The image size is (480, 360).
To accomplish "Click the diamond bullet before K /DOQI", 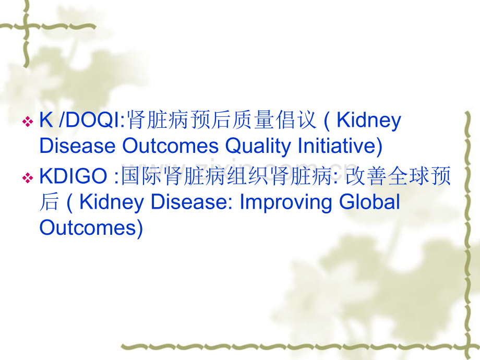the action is click(28, 122).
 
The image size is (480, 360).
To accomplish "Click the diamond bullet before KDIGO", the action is click(28, 178).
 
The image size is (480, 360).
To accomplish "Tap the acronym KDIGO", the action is click(73, 176).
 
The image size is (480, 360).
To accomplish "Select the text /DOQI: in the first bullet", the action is click(92, 120).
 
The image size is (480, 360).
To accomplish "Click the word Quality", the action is click(258, 146).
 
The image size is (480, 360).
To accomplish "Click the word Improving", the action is click(285, 202).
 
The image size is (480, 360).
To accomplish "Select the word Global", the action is click(369, 202).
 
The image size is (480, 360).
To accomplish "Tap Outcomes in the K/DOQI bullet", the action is click(171, 146).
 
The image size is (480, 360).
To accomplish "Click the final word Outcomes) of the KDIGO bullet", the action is click(91, 228).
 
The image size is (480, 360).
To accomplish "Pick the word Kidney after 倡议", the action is click(369, 121).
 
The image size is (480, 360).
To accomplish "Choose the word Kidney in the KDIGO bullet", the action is click(112, 202).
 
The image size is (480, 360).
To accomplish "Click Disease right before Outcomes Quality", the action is click(77, 146).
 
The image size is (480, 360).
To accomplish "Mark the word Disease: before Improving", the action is click(191, 202).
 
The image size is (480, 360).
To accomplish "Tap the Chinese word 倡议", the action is click(295, 119).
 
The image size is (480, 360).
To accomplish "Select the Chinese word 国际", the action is click(142, 176).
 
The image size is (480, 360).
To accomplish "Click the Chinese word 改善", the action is click(366, 176).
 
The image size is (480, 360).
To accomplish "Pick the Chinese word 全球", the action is click(409, 176).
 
